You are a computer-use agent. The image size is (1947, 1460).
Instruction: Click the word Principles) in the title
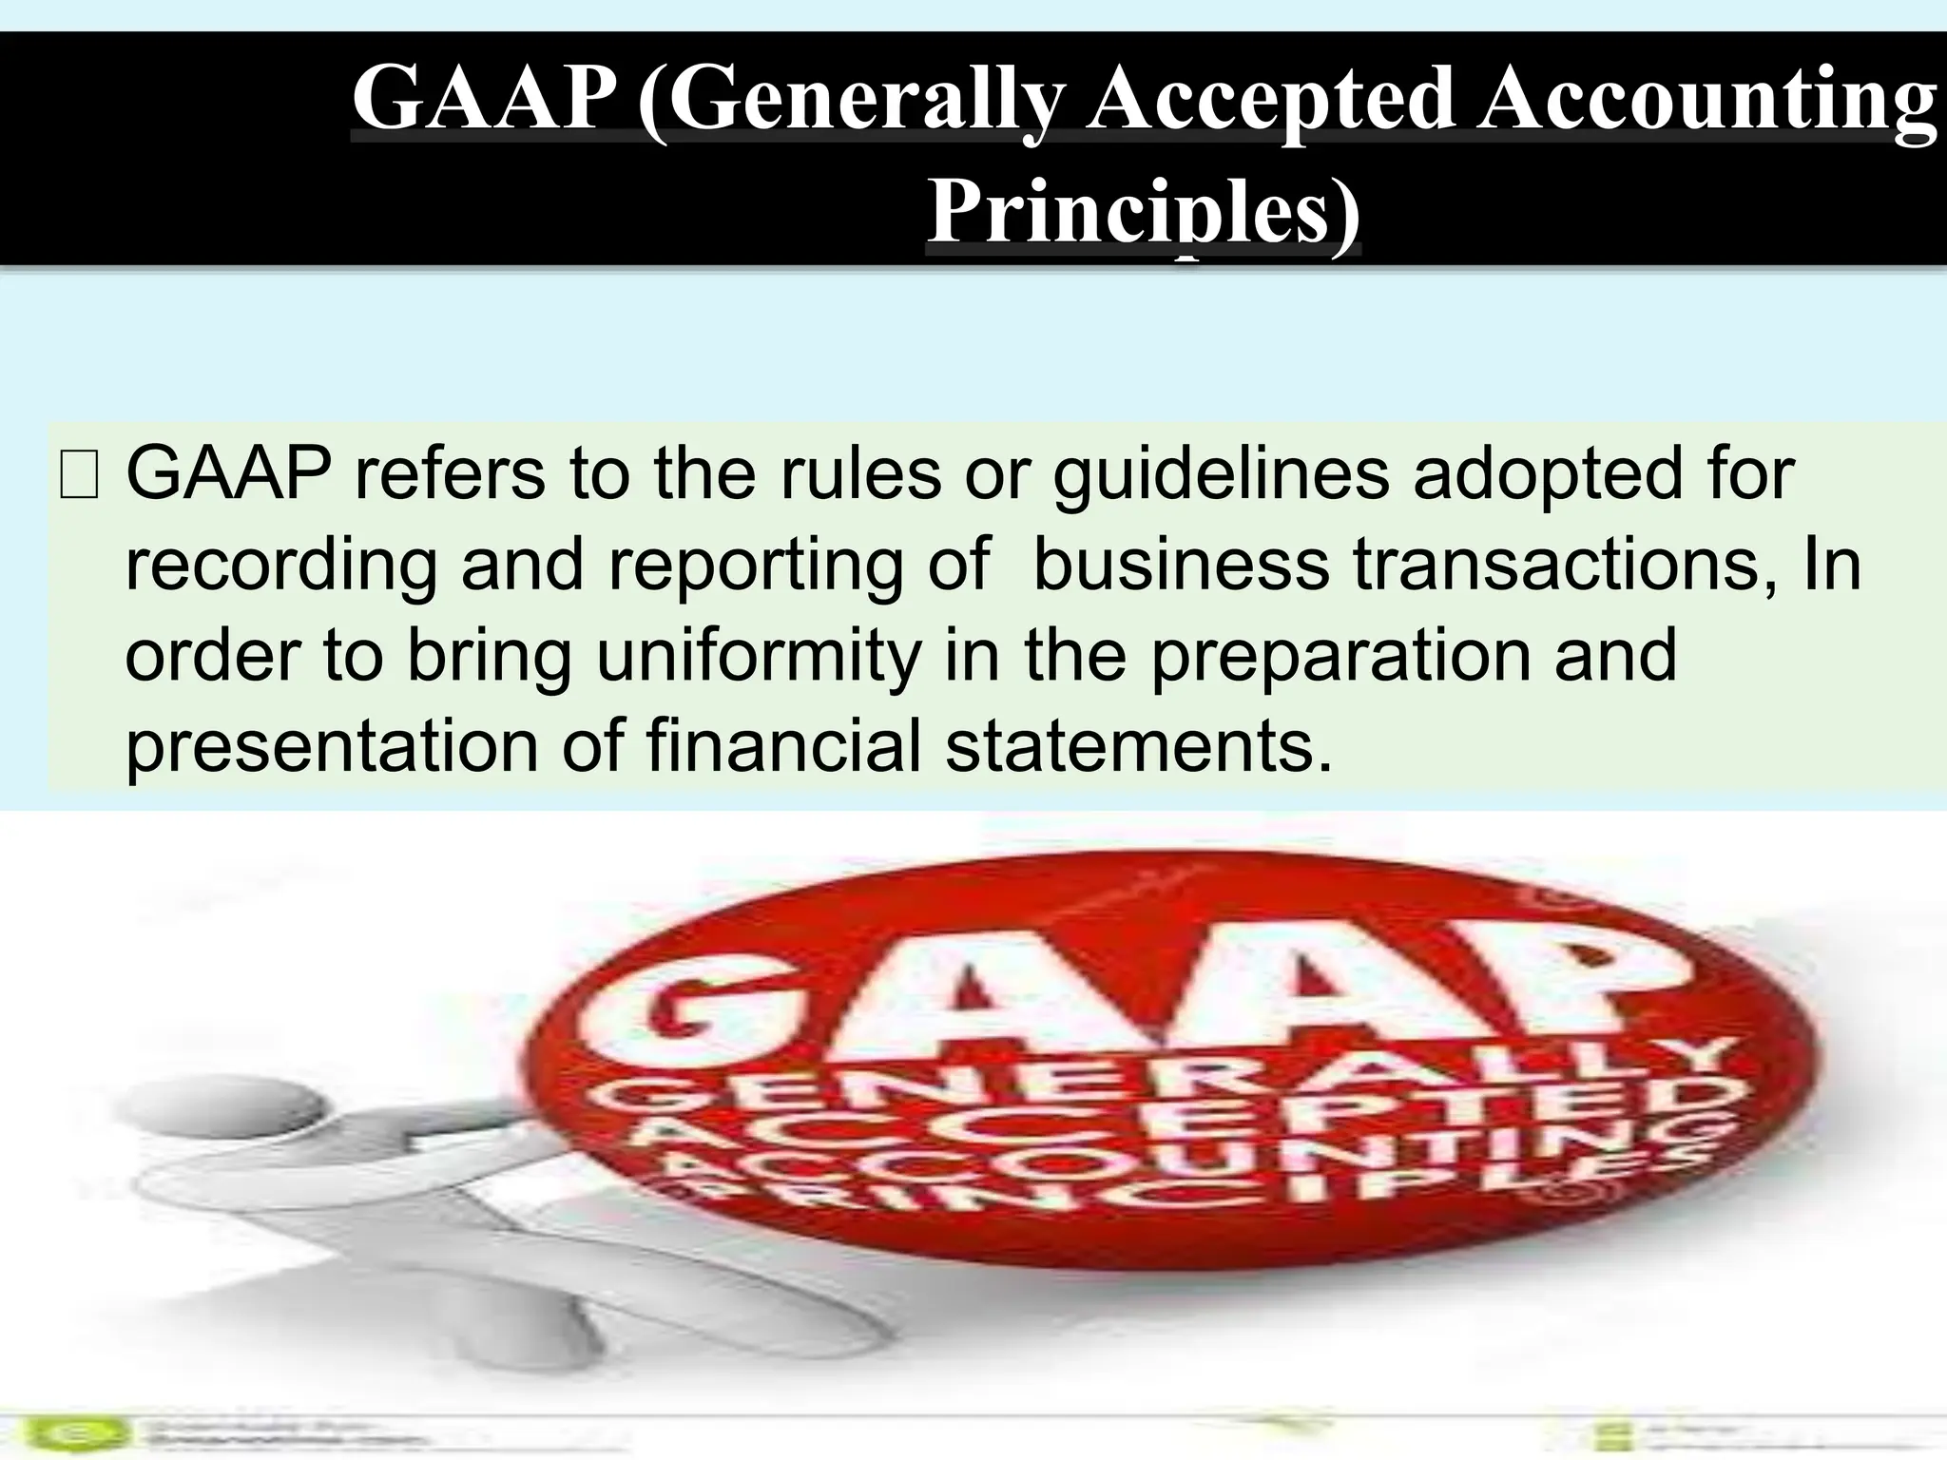point(1144,211)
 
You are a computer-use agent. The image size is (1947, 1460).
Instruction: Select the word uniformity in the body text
point(759,657)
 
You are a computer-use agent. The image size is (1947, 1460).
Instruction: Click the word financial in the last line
point(783,745)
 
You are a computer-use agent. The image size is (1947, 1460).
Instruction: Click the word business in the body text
point(1181,565)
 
